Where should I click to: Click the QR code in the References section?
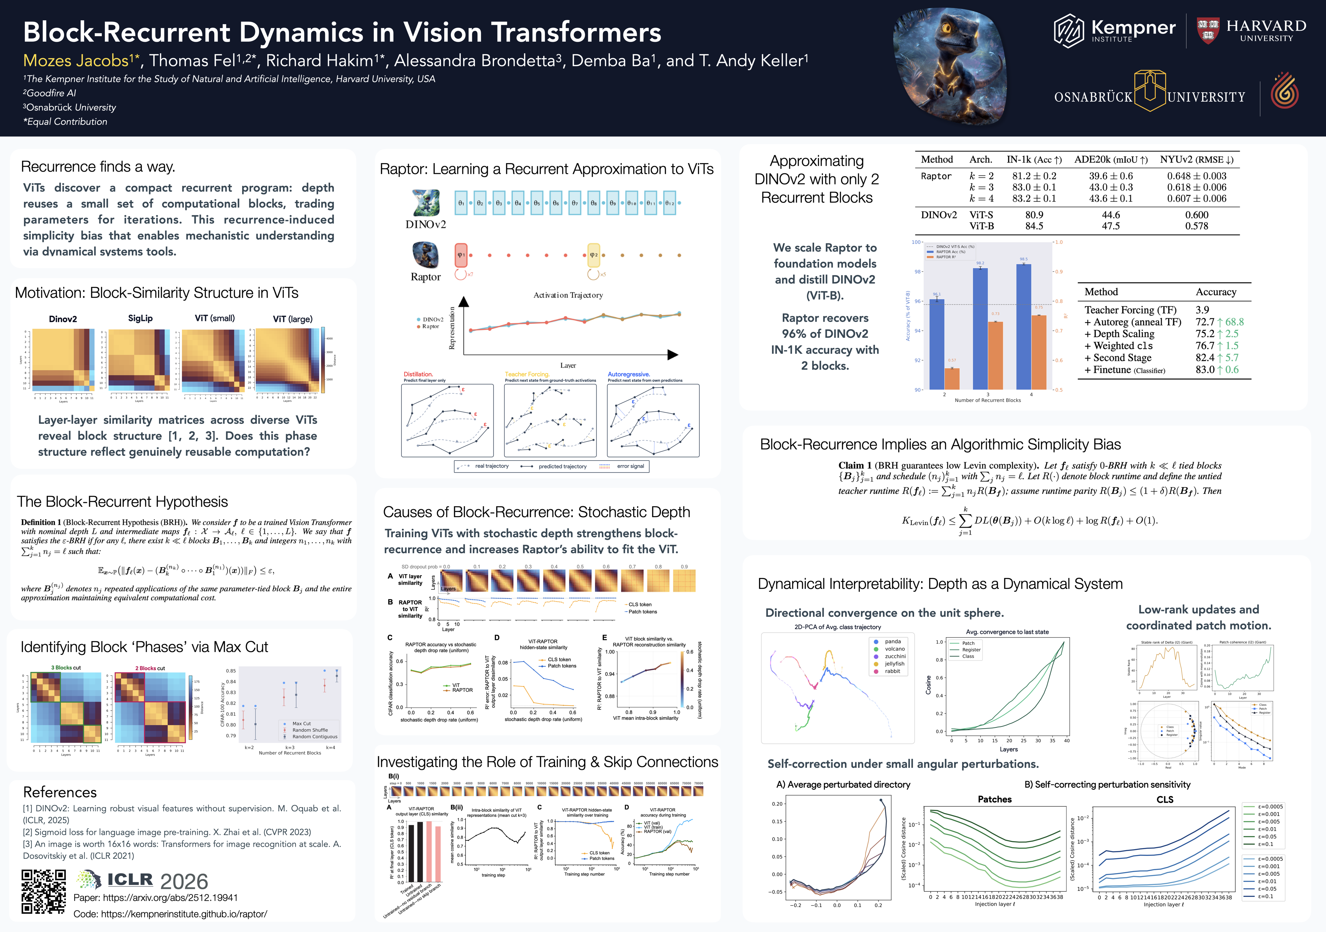[x=44, y=892]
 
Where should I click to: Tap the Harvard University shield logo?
[x=1208, y=30]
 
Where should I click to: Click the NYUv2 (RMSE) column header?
[x=1196, y=159]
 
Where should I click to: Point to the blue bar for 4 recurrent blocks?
[x=1023, y=326]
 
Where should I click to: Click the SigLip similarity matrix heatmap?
[x=139, y=360]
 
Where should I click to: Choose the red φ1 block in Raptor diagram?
[x=461, y=255]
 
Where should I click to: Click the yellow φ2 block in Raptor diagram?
[x=594, y=255]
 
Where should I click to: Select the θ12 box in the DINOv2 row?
[x=669, y=203]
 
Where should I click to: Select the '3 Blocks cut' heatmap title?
[x=66, y=668]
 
